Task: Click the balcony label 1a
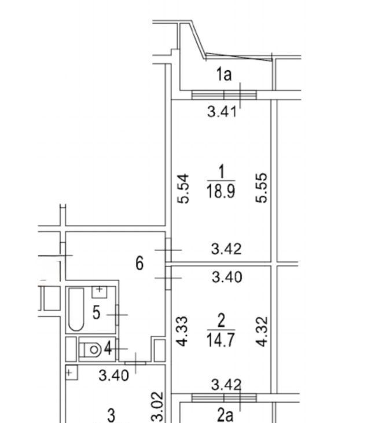pyautogui.click(x=224, y=74)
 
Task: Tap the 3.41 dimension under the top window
pyautogui.click(x=222, y=112)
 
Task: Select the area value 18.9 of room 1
pyautogui.click(x=221, y=191)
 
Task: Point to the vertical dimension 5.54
pyautogui.click(x=183, y=188)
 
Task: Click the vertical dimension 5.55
pyautogui.click(x=261, y=188)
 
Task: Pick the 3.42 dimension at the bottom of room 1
pyautogui.click(x=226, y=249)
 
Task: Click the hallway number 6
pyautogui.click(x=140, y=263)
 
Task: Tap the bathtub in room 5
pyautogui.click(x=76, y=309)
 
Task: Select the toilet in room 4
pyautogui.click(x=90, y=349)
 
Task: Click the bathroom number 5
pyautogui.click(x=97, y=313)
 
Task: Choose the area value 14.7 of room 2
pyautogui.click(x=221, y=340)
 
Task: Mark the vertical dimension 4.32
pyautogui.click(x=262, y=331)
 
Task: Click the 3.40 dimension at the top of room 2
pyautogui.click(x=227, y=277)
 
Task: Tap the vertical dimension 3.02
pyautogui.click(x=157, y=406)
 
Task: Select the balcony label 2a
pyautogui.click(x=225, y=415)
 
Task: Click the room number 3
pyautogui.click(x=111, y=415)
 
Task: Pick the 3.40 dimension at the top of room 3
pyautogui.click(x=113, y=375)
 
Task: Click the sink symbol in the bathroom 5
pyautogui.click(x=100, y=292)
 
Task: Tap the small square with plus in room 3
pyautogui.click(x=71, y=373)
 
